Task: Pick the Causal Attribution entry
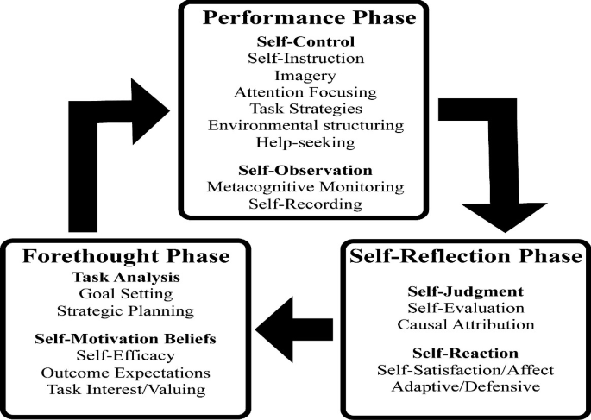pyautogui.click(x=467, y=324)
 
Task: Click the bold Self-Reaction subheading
pyautogui.click(x=467, y=354)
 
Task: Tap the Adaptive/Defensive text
pyautogui.click(x=467, y=386)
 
